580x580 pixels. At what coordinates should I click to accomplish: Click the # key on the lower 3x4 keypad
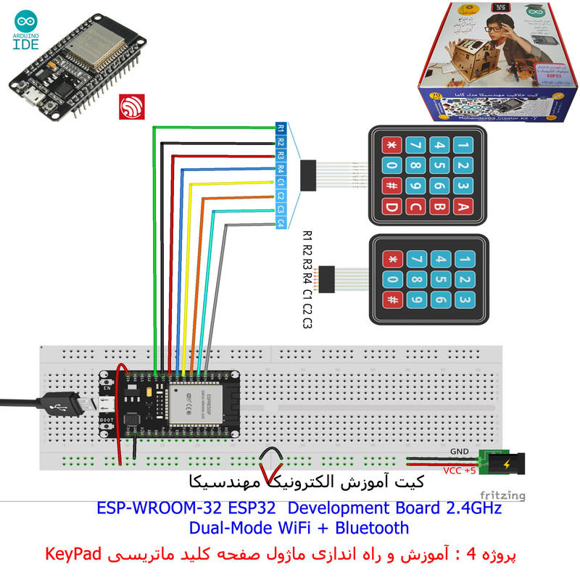pyautogui.click(x=392, y=301)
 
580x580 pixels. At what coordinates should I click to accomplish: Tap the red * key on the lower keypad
pyautogui.click(x=392, y=259)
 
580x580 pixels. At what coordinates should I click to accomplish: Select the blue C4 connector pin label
pyautogui.click(x=281, y=223)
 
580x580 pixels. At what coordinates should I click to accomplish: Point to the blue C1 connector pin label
pyautogui.click(x=281, y=183)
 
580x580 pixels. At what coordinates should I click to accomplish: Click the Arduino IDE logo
pyautogui.click(x=26, y=32)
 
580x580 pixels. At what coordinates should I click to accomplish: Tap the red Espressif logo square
pyautogui.click(x=133, y=107)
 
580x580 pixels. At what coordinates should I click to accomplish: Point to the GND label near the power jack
pyautogui.click(x=460, y=451)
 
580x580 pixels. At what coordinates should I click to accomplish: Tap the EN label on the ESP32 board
pyautogui.click(x=108, y=389)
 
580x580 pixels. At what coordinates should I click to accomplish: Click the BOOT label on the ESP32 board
pyautogui.click(x=107, y=419)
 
